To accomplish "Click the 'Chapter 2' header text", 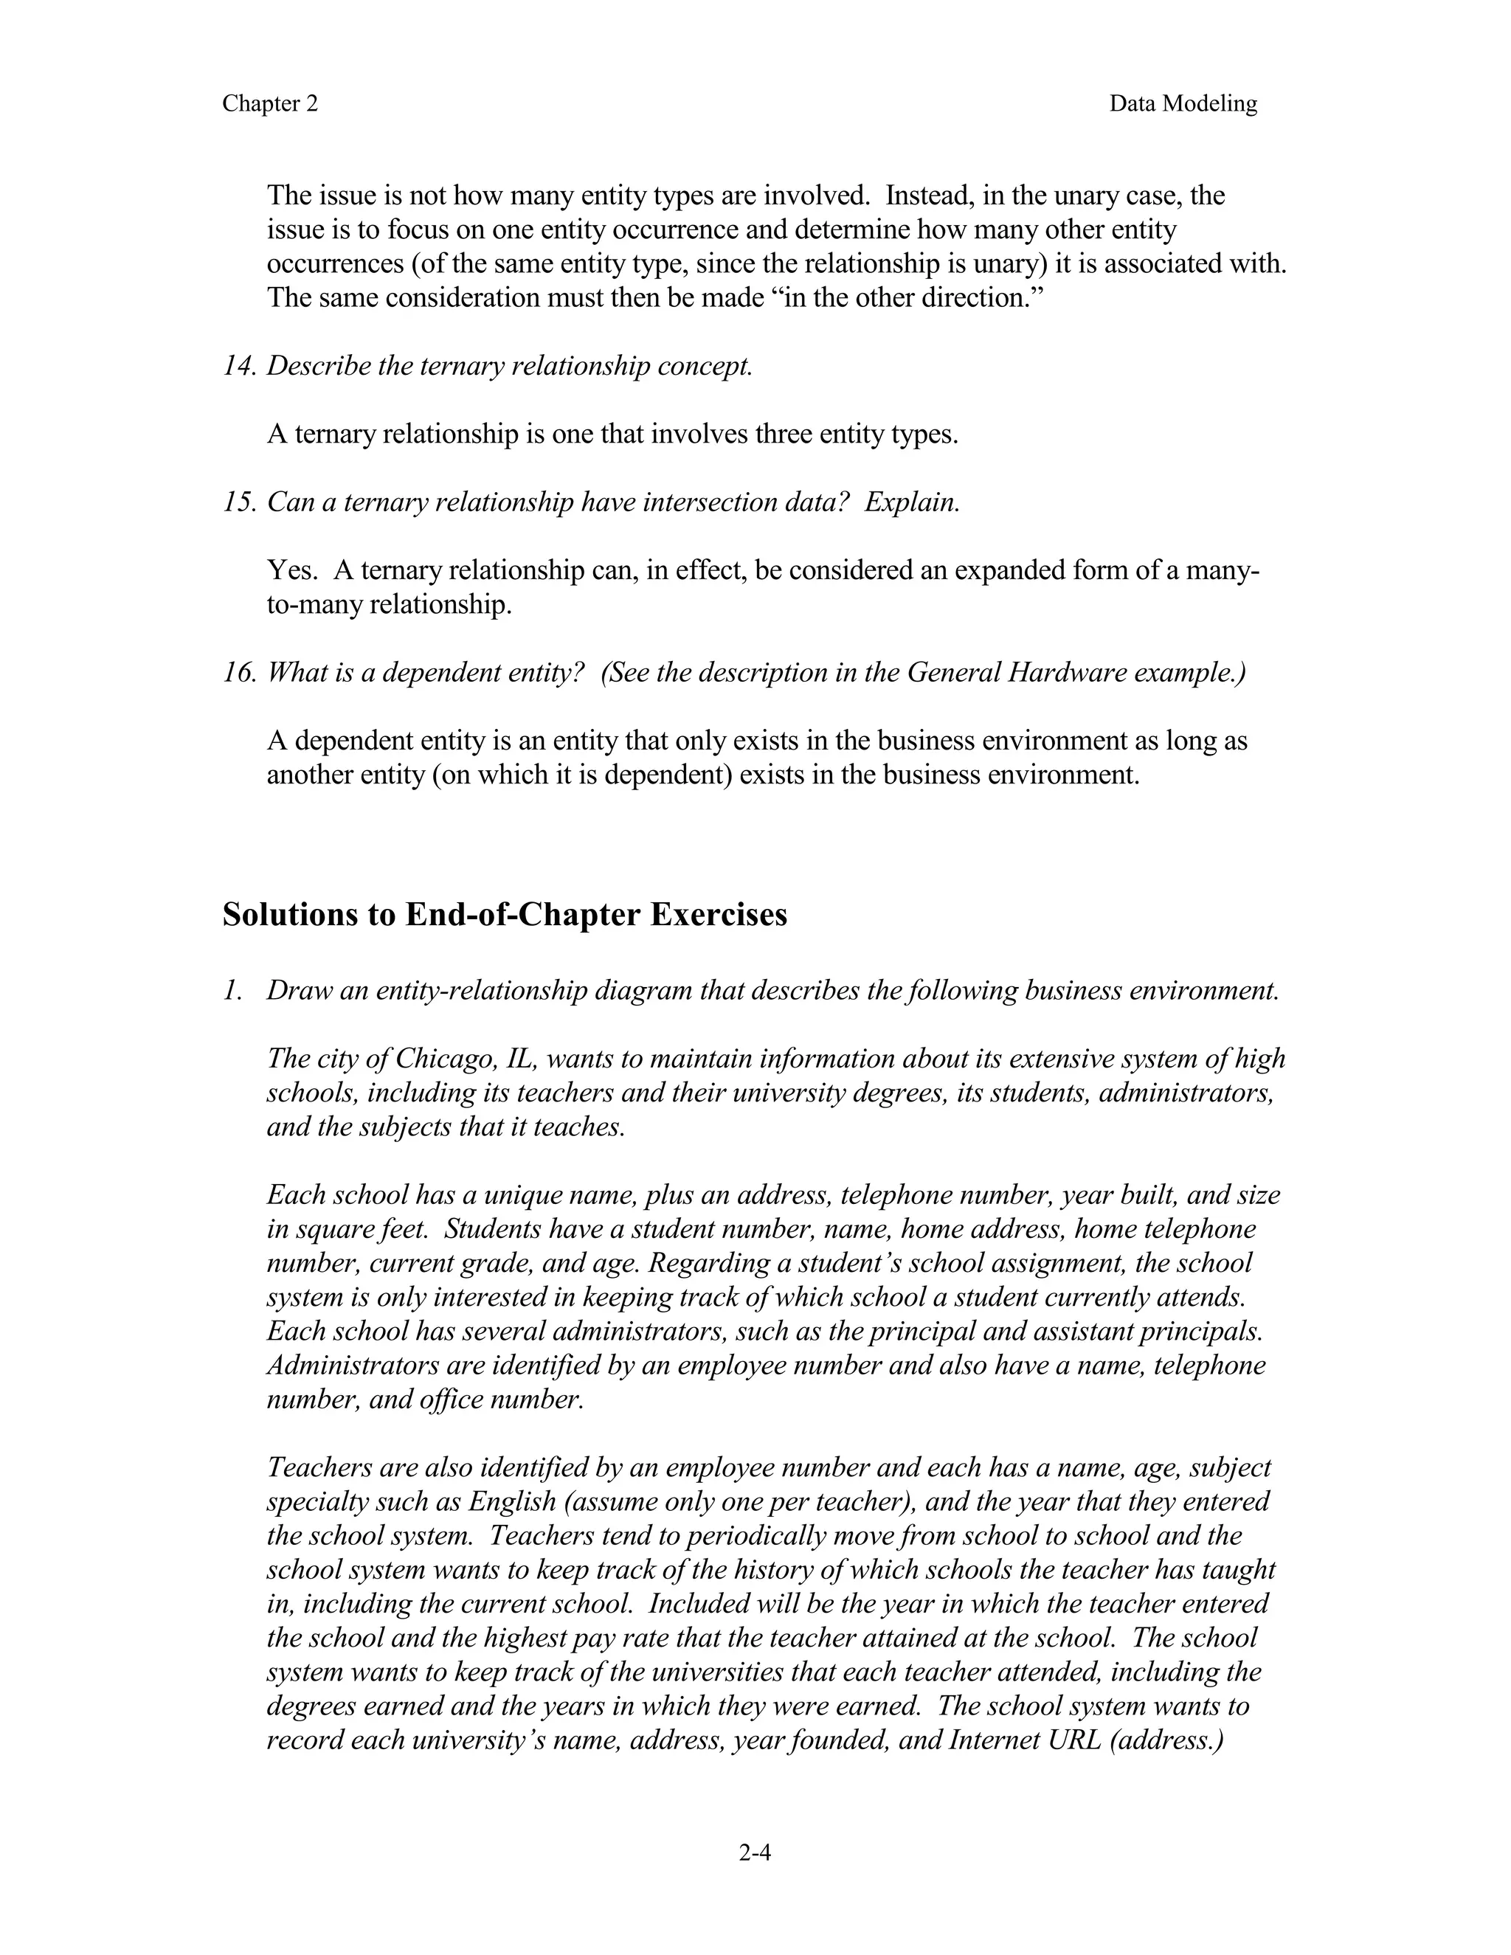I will [269, 104].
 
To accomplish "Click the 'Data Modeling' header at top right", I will [1183, 104].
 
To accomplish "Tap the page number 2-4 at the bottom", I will [755, 1852].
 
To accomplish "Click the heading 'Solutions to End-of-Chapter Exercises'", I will [504, 915].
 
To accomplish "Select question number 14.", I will [239, 366].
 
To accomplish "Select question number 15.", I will [239, 502].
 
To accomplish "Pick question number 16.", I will [239, 672].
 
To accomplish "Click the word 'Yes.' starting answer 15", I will [292, 570].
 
